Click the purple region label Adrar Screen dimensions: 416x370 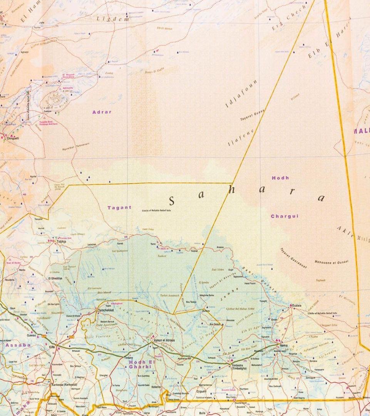102,112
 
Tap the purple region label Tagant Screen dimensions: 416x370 119,208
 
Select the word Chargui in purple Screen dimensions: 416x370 285,216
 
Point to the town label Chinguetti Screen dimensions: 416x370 12,138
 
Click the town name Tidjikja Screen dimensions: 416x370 62,242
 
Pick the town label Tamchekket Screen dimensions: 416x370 106,310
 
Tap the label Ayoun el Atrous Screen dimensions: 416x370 164,341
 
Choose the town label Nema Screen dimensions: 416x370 283,345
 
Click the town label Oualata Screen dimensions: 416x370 296,305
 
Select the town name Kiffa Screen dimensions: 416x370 52,347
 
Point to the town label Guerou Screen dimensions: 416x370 31,335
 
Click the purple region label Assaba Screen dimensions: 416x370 18,345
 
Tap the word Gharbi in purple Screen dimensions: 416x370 138,367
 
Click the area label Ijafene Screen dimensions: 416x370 241,138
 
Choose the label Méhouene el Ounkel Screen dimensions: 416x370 331,262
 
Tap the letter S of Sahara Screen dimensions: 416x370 172,201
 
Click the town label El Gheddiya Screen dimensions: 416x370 55,278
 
